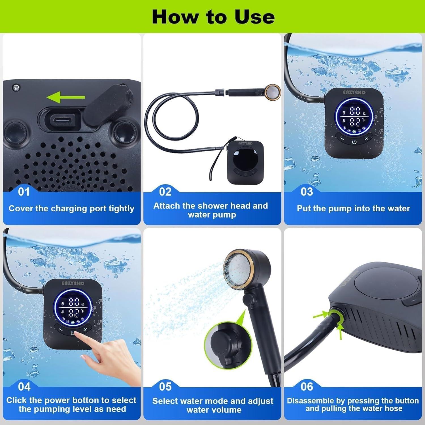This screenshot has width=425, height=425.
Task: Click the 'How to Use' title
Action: point(213,17)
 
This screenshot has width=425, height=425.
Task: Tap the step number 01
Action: point(24,192)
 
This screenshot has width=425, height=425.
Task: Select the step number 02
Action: point(165,192)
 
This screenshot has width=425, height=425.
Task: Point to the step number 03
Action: point(307,192)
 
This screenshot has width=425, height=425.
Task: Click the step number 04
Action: point(24,387)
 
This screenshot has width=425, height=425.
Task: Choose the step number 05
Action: point(165,387)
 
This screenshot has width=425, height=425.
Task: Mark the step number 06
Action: point(307,387)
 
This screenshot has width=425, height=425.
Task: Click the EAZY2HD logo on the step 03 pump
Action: point(354,92)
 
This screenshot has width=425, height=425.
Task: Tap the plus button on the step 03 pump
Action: point(367,139)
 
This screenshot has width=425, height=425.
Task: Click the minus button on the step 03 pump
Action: point(342,139)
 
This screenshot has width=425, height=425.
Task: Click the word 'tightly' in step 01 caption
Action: point(121,209)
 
